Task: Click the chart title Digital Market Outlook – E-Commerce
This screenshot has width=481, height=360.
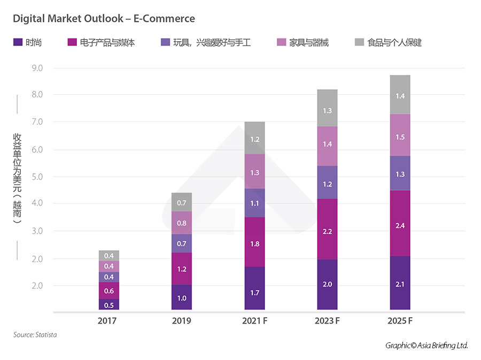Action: point(104,19)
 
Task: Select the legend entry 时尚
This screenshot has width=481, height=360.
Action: point(33,42)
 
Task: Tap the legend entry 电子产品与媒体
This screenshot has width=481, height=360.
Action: point(107,42)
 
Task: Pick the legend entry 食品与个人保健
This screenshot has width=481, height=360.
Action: point(394,42)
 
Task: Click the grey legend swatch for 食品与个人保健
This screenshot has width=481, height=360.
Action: point(359,42)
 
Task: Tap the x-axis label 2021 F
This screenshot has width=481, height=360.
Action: point(254,321)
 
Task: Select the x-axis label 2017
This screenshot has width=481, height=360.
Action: point(108,321)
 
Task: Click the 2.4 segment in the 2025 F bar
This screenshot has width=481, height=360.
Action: point(400,226)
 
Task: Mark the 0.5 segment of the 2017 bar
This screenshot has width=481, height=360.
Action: point(108,305)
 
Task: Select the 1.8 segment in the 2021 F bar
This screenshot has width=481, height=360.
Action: point(254,244)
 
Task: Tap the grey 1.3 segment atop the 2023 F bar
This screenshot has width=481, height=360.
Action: point(327,110)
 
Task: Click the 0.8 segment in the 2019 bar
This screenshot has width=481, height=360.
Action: point(182,223)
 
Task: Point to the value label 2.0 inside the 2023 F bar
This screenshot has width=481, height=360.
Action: point(327,285)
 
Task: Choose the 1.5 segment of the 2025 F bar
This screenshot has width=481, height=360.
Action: point(400,137)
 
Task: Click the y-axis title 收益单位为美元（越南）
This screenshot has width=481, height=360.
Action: point(17,178)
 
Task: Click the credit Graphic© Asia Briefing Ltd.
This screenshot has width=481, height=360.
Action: point(426,346)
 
